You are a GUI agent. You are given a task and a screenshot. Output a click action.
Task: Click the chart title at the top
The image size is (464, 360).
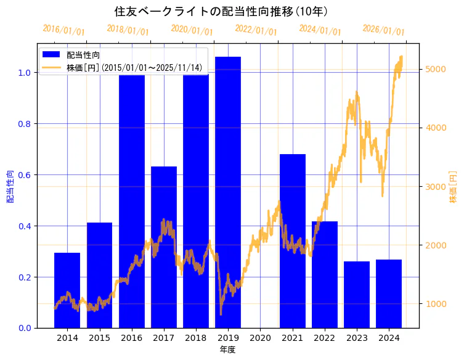tap(221, 12)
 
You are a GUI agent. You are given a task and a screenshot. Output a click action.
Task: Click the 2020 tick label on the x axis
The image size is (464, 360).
tap(260, 338)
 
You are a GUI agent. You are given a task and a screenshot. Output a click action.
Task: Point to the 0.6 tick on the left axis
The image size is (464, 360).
tap(25, 175)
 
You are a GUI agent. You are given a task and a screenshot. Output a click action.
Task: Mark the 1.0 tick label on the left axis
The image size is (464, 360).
tap(25, 73)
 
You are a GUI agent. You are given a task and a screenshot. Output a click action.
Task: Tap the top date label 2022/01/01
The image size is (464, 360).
tap(256, 30)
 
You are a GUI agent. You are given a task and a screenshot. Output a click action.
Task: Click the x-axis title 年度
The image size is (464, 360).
tap(227, 350)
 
